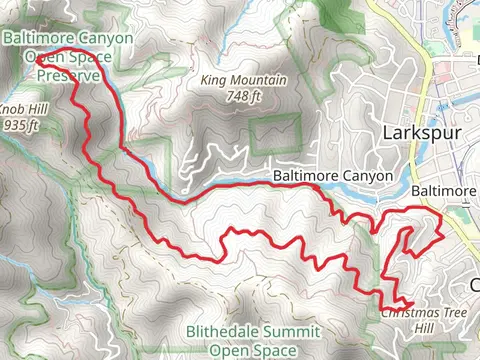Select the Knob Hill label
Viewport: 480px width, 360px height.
[x=21, y=112]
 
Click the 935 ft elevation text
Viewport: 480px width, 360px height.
[x=21, y=126]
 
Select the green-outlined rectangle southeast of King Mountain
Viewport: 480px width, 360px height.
[x=274, y=135]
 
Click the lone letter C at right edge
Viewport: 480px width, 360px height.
[x=474, y=285]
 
